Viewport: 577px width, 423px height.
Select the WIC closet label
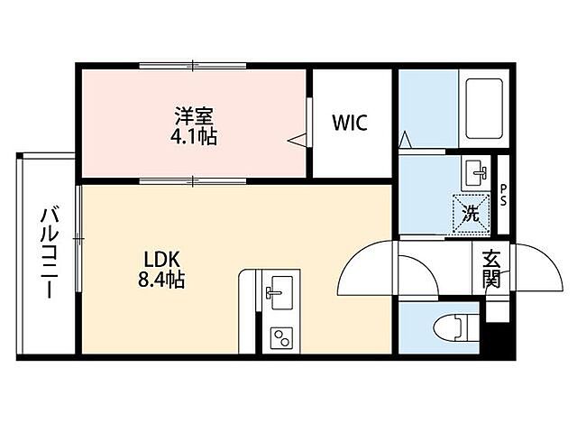pos(350,123)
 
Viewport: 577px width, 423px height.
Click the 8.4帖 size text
pos(163,280)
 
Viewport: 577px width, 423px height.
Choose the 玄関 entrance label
pos(491,268)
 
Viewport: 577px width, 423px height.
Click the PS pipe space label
pos(503,194)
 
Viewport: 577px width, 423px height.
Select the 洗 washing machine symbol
pos(471,214)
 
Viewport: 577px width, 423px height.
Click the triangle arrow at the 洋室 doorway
pos(298,140)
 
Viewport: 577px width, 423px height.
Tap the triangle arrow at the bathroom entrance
pos(406,140)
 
